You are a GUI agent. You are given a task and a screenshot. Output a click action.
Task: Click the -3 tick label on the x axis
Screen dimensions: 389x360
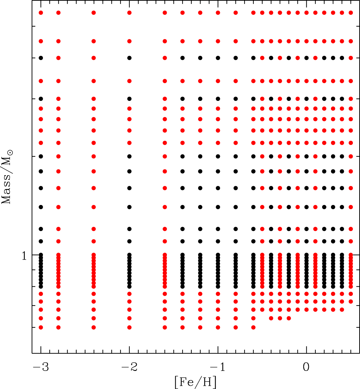coord(41,367)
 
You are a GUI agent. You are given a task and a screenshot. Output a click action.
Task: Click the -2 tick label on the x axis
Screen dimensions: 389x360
coord(129,367)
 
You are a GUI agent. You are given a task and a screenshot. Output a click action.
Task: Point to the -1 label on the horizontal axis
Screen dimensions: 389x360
coord(218,367)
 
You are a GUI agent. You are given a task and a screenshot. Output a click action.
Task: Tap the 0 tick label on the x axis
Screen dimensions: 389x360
coord(306,367)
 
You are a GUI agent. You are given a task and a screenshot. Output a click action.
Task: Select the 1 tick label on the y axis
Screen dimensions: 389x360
coord(24,256)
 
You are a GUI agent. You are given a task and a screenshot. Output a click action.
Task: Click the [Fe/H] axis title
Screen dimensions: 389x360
coord(195,382)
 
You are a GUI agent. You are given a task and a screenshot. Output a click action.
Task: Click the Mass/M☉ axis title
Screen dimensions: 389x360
coord(7,177)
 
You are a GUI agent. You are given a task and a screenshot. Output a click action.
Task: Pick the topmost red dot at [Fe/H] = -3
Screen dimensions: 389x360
coord(41,13)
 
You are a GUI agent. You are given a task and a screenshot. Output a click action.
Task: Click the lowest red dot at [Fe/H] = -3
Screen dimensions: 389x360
coord(41,327)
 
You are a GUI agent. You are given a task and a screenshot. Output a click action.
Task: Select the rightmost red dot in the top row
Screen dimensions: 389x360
coord(351,13)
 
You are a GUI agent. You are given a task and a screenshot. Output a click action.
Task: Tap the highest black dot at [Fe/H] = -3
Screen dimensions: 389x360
coord(41,58)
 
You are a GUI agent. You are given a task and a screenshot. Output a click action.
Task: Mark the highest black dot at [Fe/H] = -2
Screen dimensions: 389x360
coord(129,58)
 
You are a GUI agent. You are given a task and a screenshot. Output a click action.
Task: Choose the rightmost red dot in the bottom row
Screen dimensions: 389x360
coord(253,327)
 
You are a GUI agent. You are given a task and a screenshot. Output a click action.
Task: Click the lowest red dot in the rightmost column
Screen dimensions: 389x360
coord(351,302)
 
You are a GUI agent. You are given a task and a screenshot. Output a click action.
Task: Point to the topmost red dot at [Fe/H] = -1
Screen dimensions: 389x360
coord(218,13)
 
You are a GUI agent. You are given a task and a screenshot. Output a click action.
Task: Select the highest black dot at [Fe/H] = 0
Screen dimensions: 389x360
coord(306,58)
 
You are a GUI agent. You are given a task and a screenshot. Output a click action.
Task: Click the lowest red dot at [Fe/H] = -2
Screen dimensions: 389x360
coord(129,327)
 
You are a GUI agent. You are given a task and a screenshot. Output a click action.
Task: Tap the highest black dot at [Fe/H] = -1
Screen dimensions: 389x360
coord(218,58)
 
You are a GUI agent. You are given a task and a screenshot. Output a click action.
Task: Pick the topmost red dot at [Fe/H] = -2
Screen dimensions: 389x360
coord(129,13)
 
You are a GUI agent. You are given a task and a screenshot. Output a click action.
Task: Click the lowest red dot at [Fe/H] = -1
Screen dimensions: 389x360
coord(218,327)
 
